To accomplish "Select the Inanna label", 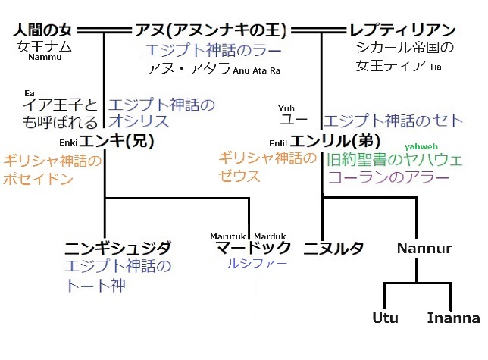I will tap(453, 318).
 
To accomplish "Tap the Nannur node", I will tap(424, 248).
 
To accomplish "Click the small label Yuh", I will tap(286, 108).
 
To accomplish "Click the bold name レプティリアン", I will tap(402, 31).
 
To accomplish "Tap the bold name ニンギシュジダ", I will tap(117, 248).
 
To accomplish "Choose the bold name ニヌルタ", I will tap(333, 248).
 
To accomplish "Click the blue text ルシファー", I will tap(254, 265).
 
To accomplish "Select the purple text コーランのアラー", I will tap(388, 177).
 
